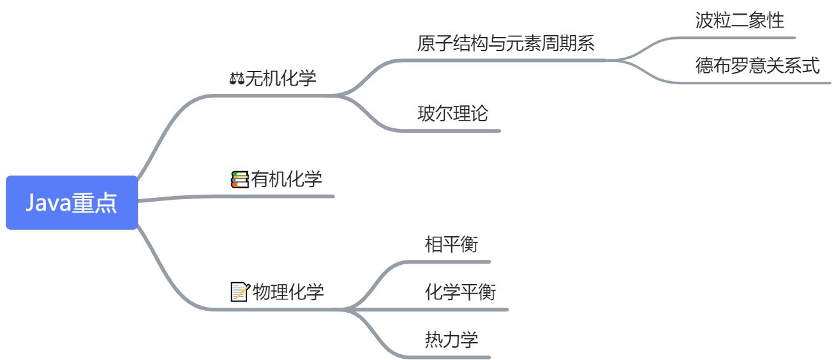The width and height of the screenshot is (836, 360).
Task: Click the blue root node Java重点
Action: tap(71, 202)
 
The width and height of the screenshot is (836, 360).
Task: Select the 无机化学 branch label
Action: tap(281, 79)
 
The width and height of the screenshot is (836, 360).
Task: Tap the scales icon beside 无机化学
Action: tap(237, 79)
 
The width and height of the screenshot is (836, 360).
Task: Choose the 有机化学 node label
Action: tap(287, 179)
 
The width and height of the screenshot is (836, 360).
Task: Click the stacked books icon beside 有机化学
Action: tap(239, 179)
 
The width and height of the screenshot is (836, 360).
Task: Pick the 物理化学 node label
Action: tap(288, 292)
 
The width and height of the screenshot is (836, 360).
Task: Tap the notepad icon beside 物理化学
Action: tap(239, 292)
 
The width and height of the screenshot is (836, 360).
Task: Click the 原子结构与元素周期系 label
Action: tap(505, 43)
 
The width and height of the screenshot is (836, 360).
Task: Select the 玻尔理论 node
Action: tap(452, 114)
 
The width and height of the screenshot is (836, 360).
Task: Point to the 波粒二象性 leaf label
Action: tap(740, 21)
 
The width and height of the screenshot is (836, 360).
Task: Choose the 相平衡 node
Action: tap(451, 244)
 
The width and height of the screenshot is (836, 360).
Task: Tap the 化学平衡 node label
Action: tap(460, 292)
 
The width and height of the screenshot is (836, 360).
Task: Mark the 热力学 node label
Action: tap(451, 339)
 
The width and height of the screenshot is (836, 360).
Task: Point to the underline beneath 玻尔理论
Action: tap(453, 130)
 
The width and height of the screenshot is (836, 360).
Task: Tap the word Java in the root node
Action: tap(49, 202)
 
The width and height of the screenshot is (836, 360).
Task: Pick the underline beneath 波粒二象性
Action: tap(740, 38)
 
